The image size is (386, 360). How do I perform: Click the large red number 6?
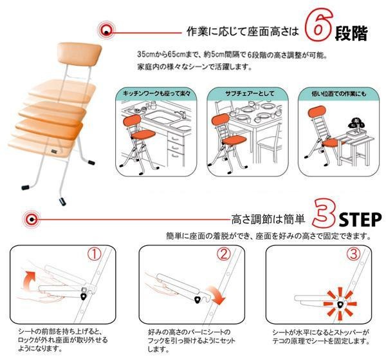pos(318,24)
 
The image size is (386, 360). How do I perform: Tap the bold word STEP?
pos(360,220)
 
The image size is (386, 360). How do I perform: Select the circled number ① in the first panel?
pos(95,254)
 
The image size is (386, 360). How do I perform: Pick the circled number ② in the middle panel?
pos(223,254)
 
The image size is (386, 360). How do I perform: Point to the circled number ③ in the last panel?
pos(353,254)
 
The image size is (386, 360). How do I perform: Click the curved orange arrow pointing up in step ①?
pos(28,279)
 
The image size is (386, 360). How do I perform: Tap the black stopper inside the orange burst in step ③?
pos(340,305)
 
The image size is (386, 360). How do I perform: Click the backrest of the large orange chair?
pos(79,52)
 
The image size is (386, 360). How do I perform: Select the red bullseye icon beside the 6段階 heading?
pos(106,30)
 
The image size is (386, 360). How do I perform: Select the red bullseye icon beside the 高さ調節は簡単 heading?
pos(32,219)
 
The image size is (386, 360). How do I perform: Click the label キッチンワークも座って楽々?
pos(156,93)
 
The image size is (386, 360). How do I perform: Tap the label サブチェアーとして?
pos(250,93)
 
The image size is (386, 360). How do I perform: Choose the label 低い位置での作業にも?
pos(339,93)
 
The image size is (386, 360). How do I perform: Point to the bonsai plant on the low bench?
pos(356,125)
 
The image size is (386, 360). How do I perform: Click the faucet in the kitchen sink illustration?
pos(181,114)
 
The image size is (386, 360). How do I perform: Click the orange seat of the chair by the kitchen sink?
pos(143,135)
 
